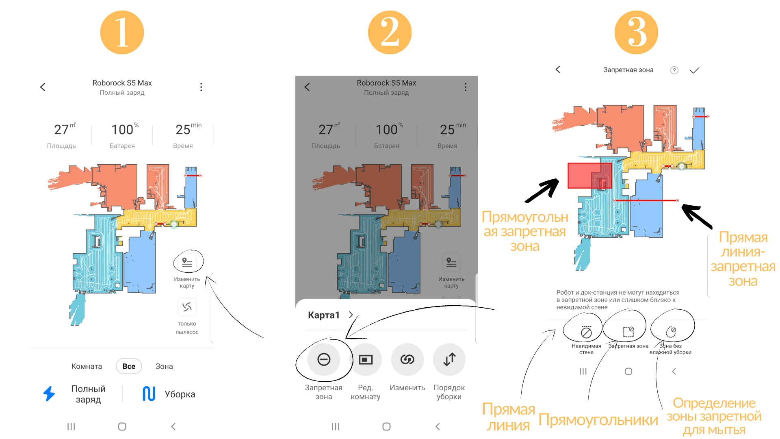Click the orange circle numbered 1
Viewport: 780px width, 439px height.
pos(122,33)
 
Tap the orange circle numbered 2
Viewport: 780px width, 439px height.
pos(390,33)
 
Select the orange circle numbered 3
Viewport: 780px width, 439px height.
pos(636,33)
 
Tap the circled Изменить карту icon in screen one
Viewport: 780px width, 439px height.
pos(187,262)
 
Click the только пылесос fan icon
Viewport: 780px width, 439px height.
pos(187,307)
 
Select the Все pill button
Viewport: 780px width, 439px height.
pos(129,366)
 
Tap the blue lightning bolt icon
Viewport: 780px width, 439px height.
pos(49,393)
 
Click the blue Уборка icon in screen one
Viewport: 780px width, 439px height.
pos(149,394)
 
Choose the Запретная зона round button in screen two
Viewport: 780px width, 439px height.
pos(324,359)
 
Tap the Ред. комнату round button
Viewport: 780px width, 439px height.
pos(366,359)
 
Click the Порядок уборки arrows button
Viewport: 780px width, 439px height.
pos(449,359)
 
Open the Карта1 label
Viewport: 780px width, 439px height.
pos(324,315)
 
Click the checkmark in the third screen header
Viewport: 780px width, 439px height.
pos(694,70)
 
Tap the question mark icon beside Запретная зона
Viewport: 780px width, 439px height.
pos(674,70)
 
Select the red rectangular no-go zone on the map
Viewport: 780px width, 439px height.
pos(589,176)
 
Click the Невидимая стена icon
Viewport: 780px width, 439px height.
pos(586,333)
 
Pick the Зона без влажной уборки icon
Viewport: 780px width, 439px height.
pos(671,332)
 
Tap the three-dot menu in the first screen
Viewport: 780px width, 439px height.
pos(201,87)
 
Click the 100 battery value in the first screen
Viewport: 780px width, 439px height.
pos(122,130)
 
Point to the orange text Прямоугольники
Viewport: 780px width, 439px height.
pos(598,420)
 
